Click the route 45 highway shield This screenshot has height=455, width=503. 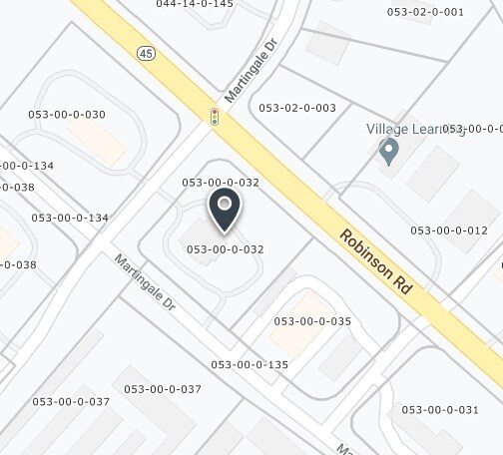[147, 52]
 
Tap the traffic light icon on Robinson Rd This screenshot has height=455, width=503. [214, 116]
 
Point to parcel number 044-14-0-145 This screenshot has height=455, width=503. [195, 5]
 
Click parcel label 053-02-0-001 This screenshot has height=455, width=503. [425, 12]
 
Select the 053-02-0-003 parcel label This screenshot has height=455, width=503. [297, 108]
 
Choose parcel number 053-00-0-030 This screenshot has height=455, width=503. [68, 115]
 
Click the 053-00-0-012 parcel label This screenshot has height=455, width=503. [449, 230]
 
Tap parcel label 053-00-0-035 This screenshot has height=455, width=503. [312, 321]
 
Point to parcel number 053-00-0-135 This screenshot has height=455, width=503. [250, 365]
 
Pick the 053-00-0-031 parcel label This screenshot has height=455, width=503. [440, 409]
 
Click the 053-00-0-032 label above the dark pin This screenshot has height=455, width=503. [222, 183]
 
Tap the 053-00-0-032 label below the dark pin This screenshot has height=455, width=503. [225, 248]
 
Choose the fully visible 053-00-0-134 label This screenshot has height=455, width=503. [70, 218]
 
